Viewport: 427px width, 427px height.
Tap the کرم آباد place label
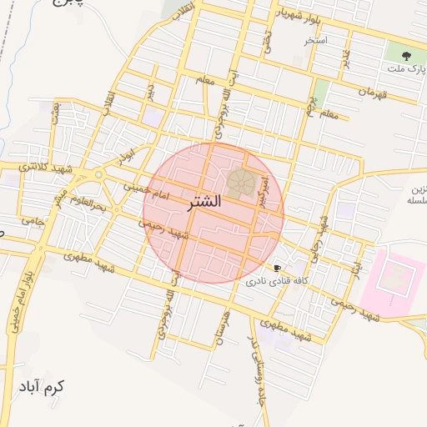[x=39, y=388]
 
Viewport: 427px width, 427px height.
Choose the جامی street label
[x=32, y=222]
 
